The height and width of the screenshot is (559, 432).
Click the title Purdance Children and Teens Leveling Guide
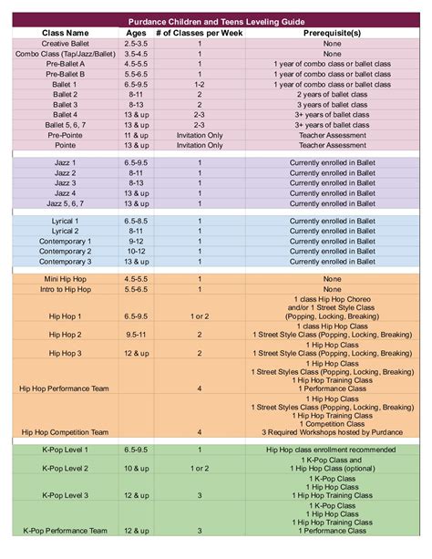pyautogui.click(x=217, y=20)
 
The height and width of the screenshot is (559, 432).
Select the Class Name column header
pyautogui.click(x=65, y=32)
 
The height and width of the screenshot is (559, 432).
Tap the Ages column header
pyautogui.click(x=135, y=32)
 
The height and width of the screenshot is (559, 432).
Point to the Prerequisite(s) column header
pyautogui.click(x=332, y=32)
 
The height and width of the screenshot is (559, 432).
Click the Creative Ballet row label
pyautogui.click(x=65, y=43)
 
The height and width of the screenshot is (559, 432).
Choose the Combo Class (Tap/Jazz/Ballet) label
pyautogui.click(x=65, y=54)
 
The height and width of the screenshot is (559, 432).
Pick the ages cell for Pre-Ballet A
pyautogui.click(x=135, y=64)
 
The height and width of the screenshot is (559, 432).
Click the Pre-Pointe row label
pyautogui.click(x=65, y=135)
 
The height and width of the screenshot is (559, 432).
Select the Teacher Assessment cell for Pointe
pyautogui.click(x=332, y=145)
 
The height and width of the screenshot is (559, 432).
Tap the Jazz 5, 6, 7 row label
pyautogui.click(x=65, y=203)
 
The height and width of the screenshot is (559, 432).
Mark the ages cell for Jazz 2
pyautogui.click(x=135, y=172)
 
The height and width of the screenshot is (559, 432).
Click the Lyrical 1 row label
pyautogui.click(x=65, y=222)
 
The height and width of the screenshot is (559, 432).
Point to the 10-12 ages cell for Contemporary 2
pyautogui.click(x=135, y=252)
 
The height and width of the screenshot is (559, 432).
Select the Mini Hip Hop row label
pyautogui.click(x=65, y=278)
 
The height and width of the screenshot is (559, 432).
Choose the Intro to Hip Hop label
pyautogui.click(x=65, y=289)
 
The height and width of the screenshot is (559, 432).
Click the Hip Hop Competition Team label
pyautogui.click(x=65, y=432)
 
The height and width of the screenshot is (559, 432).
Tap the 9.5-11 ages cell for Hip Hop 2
pyautogui.click(x=135, y=335)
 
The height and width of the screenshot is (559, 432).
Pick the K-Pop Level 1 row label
pyautogui.click(x=65, y=450)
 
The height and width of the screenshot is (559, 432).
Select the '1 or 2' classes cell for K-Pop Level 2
pyautogui.click(x=200, y=469)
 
